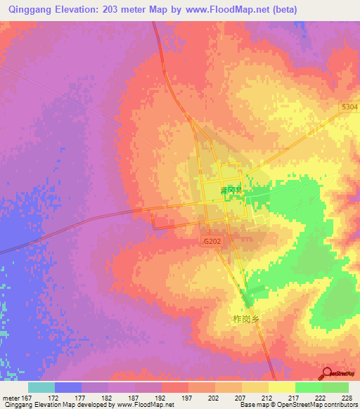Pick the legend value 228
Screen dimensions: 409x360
click(347, 398)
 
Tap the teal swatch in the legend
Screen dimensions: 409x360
click(41, 387)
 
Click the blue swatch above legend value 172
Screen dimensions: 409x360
click(68, 387)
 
